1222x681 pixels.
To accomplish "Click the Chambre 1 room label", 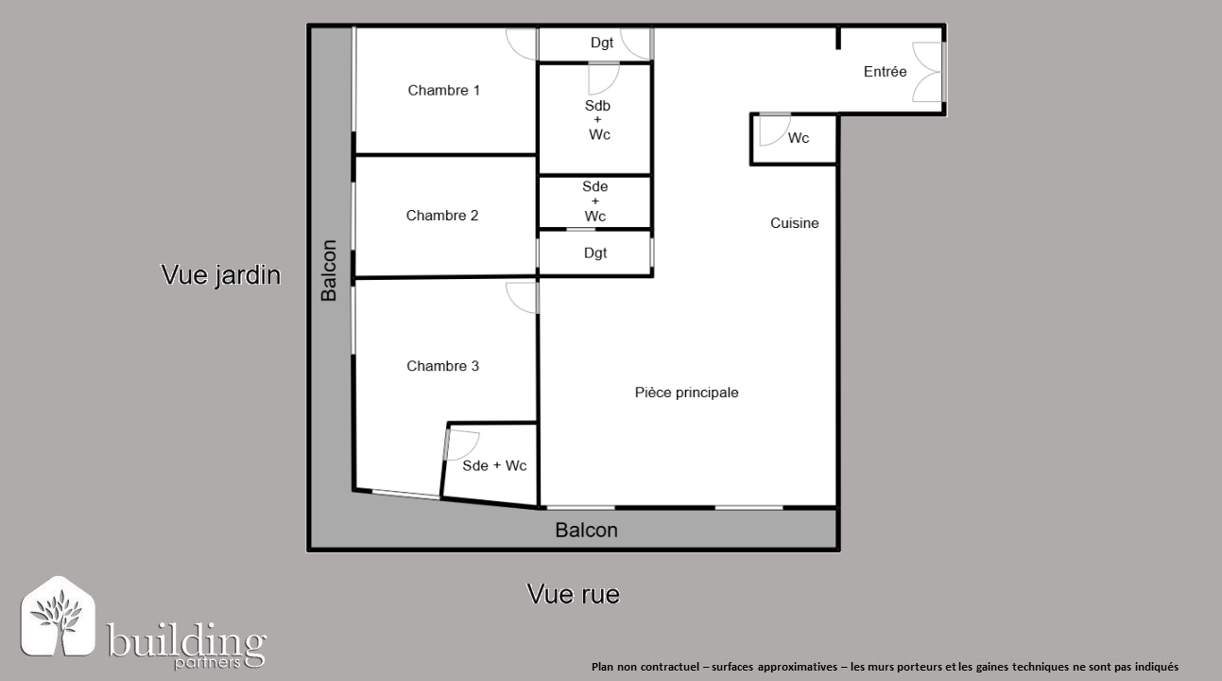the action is (443, 90).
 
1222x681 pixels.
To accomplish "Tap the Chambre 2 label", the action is (442, 215).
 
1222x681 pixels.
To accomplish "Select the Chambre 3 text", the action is (442, 366).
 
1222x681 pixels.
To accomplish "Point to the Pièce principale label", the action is (686, 393).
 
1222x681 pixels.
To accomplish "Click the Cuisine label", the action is (794, 223).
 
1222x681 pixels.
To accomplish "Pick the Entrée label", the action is (885, 72).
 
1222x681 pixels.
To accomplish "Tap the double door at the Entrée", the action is (927, 72).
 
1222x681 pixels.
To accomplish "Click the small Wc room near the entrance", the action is (794, 139).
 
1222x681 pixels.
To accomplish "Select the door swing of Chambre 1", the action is (521, 44).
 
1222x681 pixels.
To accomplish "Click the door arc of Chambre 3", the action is (521, 298).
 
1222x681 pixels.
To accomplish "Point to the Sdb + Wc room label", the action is (598, 119).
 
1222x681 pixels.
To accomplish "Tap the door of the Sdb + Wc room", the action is (603, 79).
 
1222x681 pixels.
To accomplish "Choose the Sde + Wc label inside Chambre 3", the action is (494, 466).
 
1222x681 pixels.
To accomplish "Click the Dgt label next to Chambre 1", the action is (602, 43).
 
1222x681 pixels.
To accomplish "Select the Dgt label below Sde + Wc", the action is (595, 253).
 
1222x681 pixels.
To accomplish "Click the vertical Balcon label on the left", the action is (328, 271).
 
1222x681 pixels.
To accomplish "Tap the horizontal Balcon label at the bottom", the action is (587, 531).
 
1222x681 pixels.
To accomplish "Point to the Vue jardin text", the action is (221, 274).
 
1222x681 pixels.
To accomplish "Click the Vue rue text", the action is (574, 594).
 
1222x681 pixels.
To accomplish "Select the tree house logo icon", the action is (58, 616).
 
